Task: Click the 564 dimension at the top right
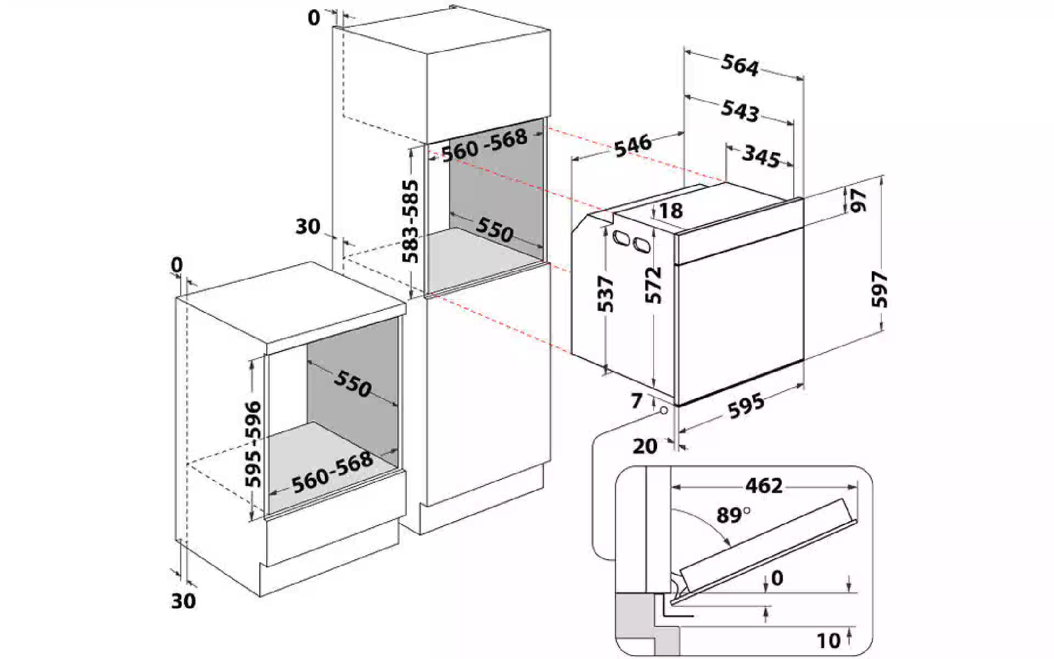tap(739, 66)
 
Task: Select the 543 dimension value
tap(739, 110)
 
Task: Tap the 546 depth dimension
tap(632, 145)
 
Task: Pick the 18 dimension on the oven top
tap(670, 210)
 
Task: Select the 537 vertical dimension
tap(606, 293)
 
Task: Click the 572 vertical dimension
tap(654, 284)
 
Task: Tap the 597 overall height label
tap(879, 289)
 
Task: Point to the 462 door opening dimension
tap(764, 485)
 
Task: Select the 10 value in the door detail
tap(828, 641)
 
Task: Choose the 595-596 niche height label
tap(253, 444)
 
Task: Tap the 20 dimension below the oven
tap(644, 446)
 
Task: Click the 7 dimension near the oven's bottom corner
tap(636, 401)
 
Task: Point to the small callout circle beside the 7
tap(664, 411)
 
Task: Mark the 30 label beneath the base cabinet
tap(183, 601)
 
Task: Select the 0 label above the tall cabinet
tap(313, 18)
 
